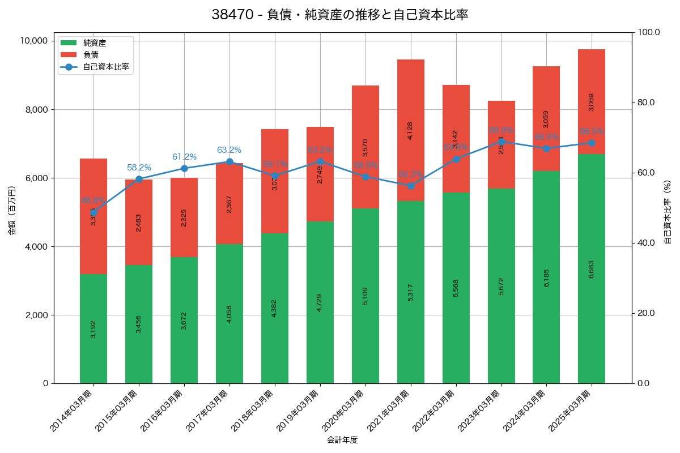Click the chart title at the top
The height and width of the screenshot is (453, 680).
(339, 15)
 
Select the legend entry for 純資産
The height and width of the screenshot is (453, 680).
(94, 43)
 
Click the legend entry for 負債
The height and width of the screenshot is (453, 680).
(91, 55)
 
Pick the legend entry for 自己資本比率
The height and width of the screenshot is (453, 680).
(105, 67)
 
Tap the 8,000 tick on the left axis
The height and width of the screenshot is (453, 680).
(35, 110)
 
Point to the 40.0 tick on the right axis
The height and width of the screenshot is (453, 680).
(645, 243)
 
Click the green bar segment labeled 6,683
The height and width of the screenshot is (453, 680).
(592, 268)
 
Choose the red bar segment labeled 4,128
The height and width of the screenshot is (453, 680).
(411, 130)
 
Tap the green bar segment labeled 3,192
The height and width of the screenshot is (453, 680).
(93, 328)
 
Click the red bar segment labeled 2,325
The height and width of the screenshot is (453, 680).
(184, 217)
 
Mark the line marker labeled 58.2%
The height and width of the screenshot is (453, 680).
(139, 179)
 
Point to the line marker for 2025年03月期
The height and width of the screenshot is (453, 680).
(592, 143)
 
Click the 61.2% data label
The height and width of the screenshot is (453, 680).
(184, 157)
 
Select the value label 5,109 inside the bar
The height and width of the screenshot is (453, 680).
(365, 296)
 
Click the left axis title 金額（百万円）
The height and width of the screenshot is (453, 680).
(12, 211)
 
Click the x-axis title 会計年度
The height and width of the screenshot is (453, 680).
(342, 440)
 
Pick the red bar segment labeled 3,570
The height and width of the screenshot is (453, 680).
(365, 147)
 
